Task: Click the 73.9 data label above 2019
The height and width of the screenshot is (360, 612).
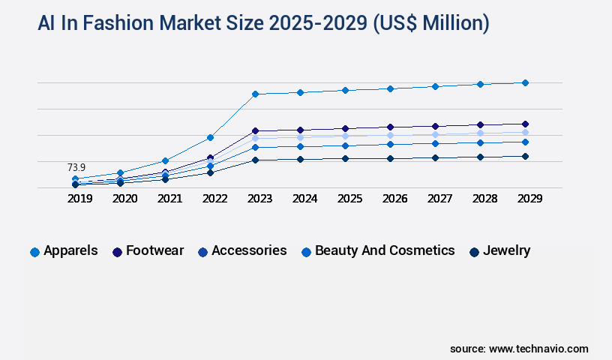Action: click(x=76, y=167)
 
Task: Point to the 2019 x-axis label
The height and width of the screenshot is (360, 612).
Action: click(x=79, y=199)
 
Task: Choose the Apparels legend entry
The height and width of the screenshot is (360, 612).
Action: click(x=64, y=250)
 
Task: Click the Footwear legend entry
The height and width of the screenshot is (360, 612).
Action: click(x=148, y=250)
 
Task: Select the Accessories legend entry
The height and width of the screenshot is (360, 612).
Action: click(x=241, y=250)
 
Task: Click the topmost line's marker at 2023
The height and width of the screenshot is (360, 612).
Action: click(x=255, y=94)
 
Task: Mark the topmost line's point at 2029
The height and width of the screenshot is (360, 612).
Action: click(x=525, y=82)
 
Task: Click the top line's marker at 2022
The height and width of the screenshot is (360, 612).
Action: click(x=210, y=137)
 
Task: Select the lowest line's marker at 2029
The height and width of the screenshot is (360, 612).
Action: click(x=525, y=156)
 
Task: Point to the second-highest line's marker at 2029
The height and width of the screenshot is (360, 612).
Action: click(x=525, y=124)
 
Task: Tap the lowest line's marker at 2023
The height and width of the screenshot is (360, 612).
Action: click(x=255, y=160)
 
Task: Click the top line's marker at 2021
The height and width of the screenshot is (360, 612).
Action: click(x=165, y=160)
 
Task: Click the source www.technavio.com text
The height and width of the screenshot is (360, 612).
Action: click(x=519, y=349)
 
